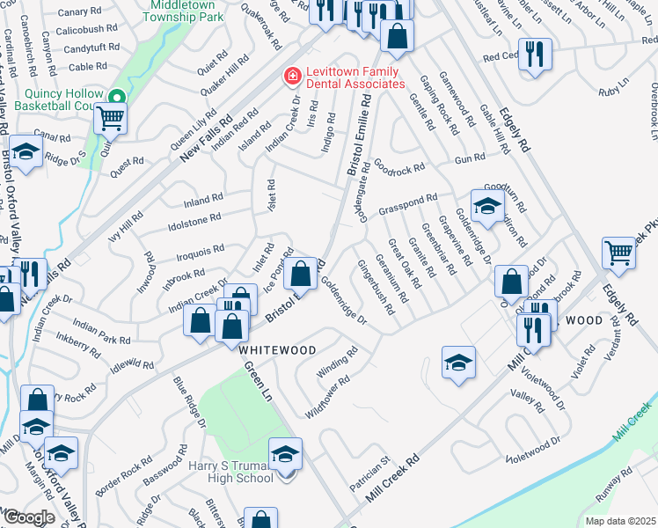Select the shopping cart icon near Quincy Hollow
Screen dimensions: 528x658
tap(111, 118)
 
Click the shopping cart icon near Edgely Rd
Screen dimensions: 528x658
tap(619, 253)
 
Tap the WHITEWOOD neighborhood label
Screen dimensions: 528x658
tap(277, 349)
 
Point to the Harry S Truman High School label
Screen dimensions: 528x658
tap(230, 472)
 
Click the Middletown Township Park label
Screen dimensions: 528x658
tap(184, 10)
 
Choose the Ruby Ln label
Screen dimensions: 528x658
tap(609, 91)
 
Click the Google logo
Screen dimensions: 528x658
tap(28, 517)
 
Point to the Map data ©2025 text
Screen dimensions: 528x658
tap(620, 521)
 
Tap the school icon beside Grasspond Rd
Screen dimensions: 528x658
tap(486, 207)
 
